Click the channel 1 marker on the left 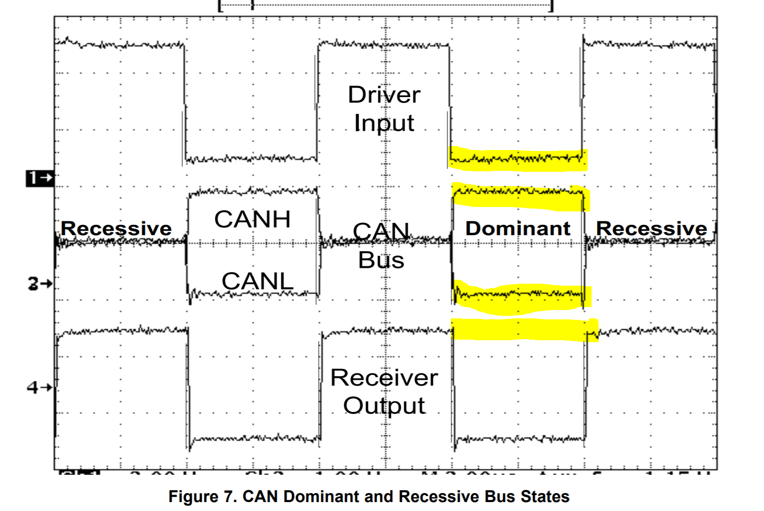[x=39, y=178]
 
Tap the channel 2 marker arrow [x=39, y=284]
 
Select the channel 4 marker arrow [x=39, y=387]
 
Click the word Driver [x=384, y=95]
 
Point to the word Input [x=384, y=123]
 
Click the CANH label [x=252, y=219]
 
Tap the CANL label [x=257, y=281]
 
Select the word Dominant [x=518, y=228]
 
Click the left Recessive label [x=116, y=229]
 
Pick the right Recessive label [x=652, y=229]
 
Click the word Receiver [x=384, y=378]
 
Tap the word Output [x=384, y=406]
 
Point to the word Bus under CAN [x=381, y=260]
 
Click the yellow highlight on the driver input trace [x=518, y=159]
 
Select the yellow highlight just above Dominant [x=520, y=196]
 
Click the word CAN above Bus [x=381, y=231]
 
